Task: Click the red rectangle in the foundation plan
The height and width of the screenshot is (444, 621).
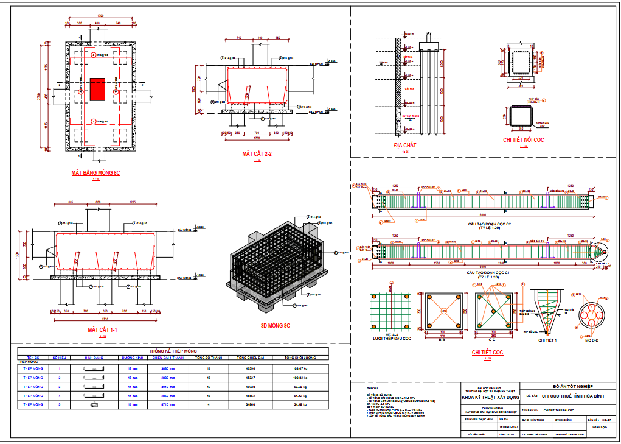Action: pos(97,89)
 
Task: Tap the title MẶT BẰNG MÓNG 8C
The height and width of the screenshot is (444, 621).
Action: pos(95,174)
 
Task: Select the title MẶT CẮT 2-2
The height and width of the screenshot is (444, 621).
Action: pos(256,154)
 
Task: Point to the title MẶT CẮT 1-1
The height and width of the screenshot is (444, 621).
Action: pos(102,330)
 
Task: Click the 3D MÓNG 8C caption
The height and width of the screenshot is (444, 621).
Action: pos(275,326)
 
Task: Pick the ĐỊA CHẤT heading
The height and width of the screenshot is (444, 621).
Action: pos(404,146)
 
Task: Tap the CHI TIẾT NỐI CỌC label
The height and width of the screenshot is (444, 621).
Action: pos(522,140)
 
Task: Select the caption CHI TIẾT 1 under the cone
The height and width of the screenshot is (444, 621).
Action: pos(548,340)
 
